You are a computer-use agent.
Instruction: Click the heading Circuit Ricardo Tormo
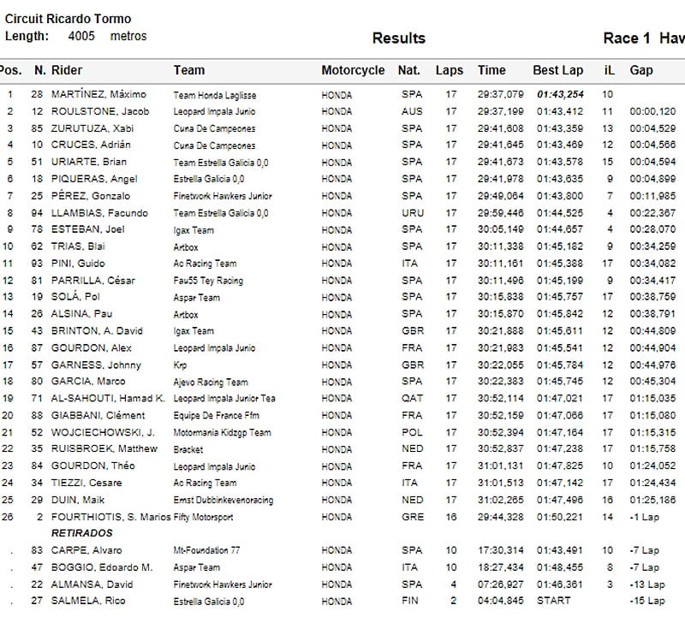(x=68, y=19)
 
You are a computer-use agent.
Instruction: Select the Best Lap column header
(x=557, y=70)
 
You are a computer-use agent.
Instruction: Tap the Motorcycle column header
(x=353, y=70)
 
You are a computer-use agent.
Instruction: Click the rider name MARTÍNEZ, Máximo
(x=98, y=94)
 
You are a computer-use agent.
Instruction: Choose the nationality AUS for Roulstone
(x=411, y=111)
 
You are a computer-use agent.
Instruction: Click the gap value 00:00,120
(x=652, y=111)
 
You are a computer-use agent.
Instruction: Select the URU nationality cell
(x=411, y=213)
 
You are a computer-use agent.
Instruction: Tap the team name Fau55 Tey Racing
(x=208, y=281)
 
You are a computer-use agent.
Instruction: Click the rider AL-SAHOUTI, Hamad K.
(x=108, y=399)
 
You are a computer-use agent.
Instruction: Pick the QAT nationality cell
(x=411, y=399)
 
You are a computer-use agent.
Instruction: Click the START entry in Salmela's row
(x=553, y=601)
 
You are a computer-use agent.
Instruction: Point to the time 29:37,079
(x=501, y=94)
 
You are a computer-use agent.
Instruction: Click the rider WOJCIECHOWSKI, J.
(x=103, y=432)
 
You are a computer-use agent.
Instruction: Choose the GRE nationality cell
(x=411, y=517)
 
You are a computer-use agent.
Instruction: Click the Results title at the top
(x=398, y=39)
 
